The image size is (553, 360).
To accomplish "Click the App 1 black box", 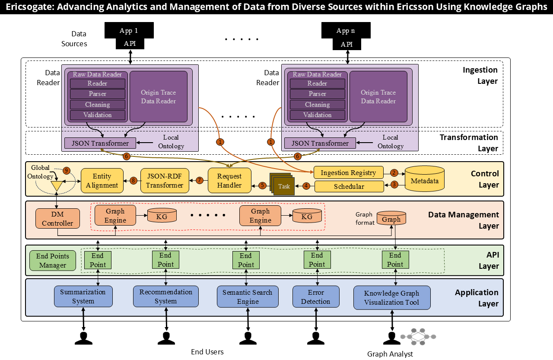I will click(129, 30).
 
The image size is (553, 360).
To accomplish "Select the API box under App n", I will click(346, 44).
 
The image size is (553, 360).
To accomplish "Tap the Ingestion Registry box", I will click(348, 172).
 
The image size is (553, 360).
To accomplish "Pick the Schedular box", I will click(349, 187).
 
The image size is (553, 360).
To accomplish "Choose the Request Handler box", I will click(229, 181).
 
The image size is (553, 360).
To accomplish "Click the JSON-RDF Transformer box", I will click(165, 181).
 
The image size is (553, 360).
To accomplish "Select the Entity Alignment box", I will click(102, 181).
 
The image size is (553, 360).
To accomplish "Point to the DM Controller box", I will click(57, 219).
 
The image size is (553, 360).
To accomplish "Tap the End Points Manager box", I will click(52, 261).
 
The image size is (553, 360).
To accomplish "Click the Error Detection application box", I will click(315, 297).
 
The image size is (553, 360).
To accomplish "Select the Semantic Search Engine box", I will click(248, 297).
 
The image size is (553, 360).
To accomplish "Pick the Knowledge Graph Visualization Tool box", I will click(392, 298).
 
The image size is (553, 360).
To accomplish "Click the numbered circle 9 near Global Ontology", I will click(66, 170).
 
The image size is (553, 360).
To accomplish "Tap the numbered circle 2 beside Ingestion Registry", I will click(394, 172).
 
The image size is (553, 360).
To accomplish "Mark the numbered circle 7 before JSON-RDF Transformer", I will click(199, 180).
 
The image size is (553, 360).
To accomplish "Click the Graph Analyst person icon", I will click(392, 338).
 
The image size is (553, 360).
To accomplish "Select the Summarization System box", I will click(83, 296).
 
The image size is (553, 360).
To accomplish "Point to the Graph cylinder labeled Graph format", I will click(391, 218).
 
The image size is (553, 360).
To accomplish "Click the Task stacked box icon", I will click(283, 185).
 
